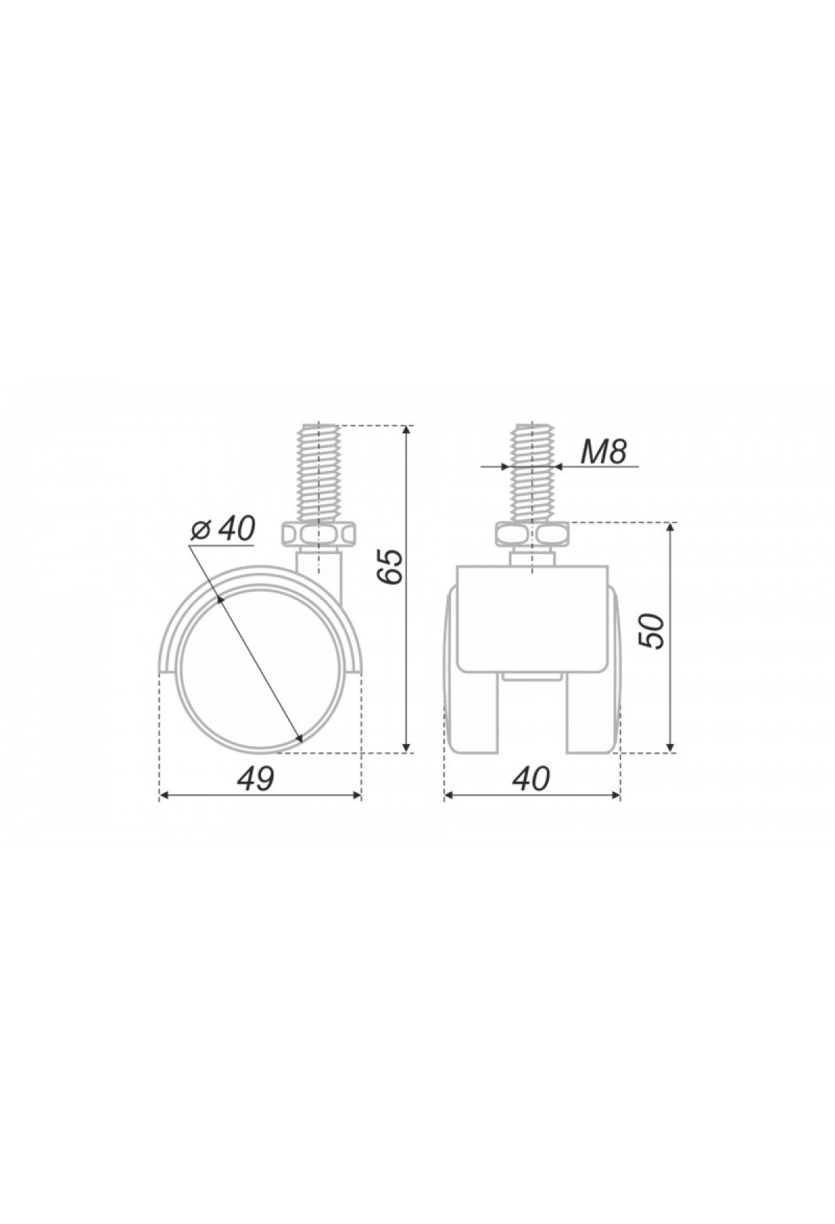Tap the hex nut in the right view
pos(532,535)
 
